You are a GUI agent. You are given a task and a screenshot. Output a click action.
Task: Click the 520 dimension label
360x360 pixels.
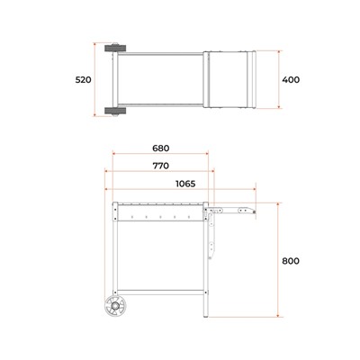pyautogui.click(x=83, y=80)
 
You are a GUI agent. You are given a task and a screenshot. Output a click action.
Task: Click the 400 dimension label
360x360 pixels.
pyautogui.click(x=291, y=80)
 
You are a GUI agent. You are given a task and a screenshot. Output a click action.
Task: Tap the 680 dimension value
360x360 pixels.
pyautogui.click(x=161, y=148)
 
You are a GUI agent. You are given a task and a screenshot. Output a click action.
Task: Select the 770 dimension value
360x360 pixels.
pyautogui.click(x=161, y=166)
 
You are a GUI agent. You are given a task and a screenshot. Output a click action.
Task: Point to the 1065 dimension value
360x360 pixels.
pyautogui.click(x=185, y=184)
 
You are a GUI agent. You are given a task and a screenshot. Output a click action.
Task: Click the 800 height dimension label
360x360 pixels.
pyautogui.click(x=291, y=261)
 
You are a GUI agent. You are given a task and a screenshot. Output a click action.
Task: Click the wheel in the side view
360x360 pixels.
pyautogui.click(x=115, y=306)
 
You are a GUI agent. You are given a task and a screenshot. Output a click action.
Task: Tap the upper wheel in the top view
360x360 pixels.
pyautogui.click(x=115, y=48)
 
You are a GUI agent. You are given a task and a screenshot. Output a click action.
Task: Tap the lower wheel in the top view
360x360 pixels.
pyautogui.click(x=115, y=111)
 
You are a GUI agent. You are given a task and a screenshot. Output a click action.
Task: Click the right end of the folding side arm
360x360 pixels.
pyautogui.click(x=255, y=212)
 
